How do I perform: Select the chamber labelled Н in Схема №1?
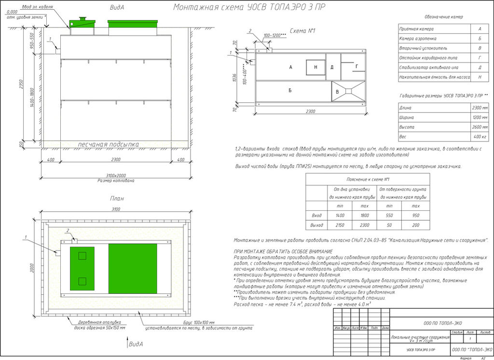(x=316, y=67)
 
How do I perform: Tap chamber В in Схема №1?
(x=338, y=92)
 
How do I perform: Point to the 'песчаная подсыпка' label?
(x=109, y=144)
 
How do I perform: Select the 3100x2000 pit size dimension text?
(x=115, y=176)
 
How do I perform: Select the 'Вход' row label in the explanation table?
(x=316, y=216)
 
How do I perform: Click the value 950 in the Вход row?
(x=415, y=216)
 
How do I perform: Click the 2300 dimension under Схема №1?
(x=310, y=111)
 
